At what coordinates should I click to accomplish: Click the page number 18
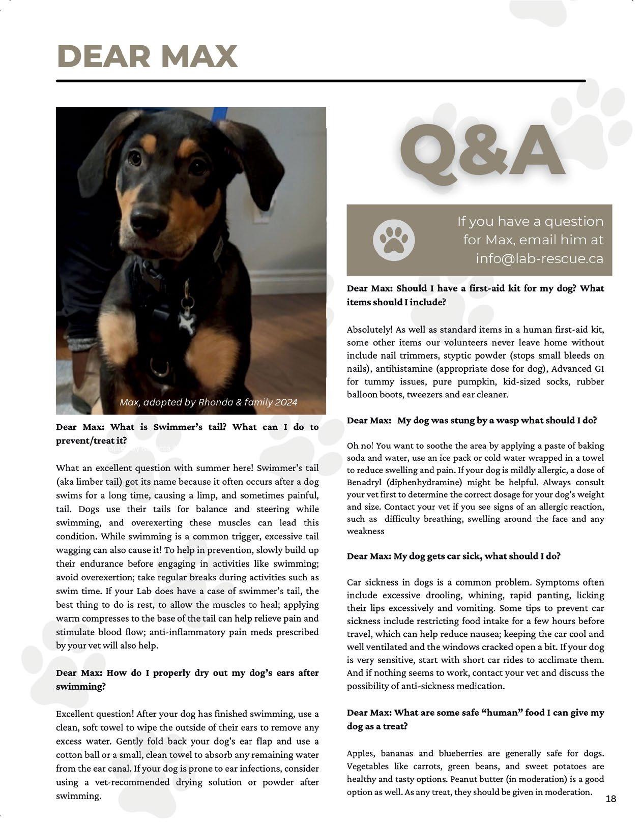click(x=611, y=799)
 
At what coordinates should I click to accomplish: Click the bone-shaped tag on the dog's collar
click(x=187, y=323)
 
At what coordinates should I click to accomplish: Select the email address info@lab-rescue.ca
click(x=539, y=258)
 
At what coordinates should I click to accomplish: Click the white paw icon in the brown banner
click(x=394, y=240)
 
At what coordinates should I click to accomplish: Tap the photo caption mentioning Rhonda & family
click(x=208, y=402)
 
